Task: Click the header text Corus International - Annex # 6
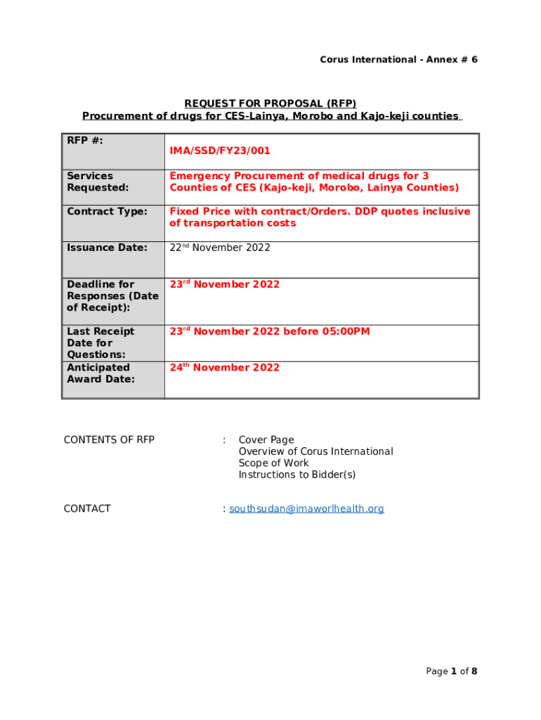click(398, 60)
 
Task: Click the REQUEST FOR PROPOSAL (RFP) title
click(270, 103)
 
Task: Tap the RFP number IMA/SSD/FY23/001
click(219, 151)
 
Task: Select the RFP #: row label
click(85, 141)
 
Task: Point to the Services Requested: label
click(98, 181)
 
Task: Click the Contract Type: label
click(107, 212)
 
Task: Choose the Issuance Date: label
click(107, 247)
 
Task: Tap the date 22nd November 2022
click(219, 247)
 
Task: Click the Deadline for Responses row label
click(112, 296)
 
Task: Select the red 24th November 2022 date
click(224, 368)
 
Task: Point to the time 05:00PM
click(346, 332)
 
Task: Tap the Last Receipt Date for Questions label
click(100, 343)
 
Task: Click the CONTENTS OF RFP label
click(109, 440)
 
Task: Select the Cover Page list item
click(266, 440)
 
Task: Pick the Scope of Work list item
click(273, 463)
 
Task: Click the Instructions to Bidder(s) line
click(296, 475)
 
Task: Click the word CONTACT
click(87, 509)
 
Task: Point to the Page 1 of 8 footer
click(451, 671)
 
